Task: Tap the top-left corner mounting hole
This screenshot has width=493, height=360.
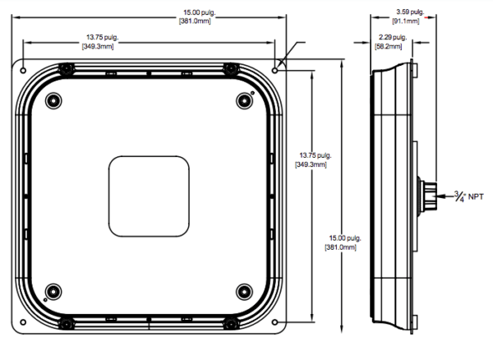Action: pos(23,71)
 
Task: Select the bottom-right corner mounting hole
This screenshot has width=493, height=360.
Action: pos(274,322)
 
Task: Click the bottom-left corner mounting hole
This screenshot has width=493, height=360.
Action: pos(23,322)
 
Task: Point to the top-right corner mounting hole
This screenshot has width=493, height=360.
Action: pos(274,71)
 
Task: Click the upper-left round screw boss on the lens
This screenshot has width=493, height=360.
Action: pos(53,101)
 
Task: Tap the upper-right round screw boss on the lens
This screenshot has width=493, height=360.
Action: pos(244,101)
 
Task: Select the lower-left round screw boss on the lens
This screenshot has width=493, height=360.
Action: pos(53,292)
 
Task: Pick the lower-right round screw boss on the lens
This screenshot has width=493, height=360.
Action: pos(244,292)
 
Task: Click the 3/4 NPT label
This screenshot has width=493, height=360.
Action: pos(469,196)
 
